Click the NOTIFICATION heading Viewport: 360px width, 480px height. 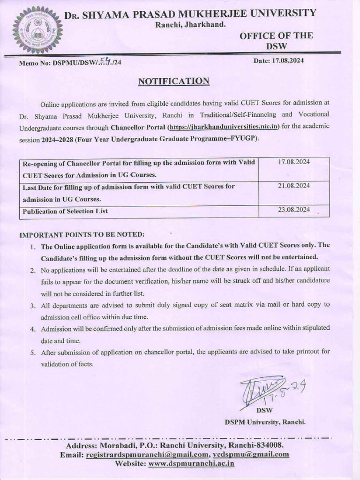(173, 82)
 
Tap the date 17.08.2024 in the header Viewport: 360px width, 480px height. (278, 60)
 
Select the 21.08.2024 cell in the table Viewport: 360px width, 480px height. (293, 186)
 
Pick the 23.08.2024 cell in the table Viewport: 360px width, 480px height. (293, 210)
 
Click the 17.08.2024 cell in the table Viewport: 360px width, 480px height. (293, 162)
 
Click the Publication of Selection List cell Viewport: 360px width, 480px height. (65, 211)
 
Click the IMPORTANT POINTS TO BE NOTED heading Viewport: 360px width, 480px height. (82, 234)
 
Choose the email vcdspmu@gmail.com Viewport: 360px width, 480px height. (251, 454)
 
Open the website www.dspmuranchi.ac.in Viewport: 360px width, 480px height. (191, 463)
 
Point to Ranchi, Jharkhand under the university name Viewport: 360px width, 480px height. (190, 24)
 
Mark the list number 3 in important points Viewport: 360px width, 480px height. (33, 305)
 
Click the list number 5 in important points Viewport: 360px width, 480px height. (33, 352)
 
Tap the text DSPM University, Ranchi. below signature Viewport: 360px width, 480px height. (265, 422)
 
